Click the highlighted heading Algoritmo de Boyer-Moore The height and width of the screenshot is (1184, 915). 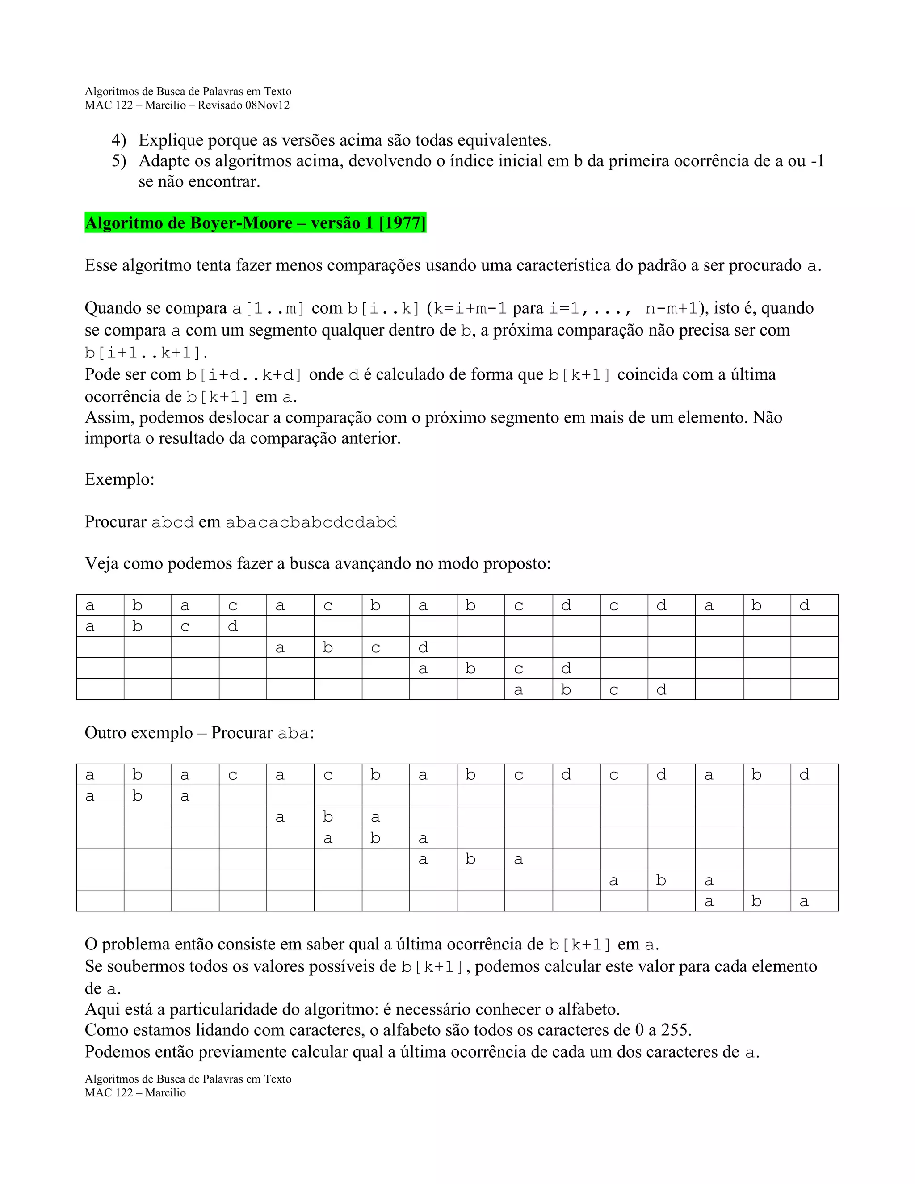coord(189,223)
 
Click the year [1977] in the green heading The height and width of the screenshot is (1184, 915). coord(402,223)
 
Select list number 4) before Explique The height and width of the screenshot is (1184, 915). coord(119,140)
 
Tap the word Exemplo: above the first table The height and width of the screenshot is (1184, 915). coord(119,479)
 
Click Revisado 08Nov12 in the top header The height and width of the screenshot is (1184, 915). coord(243,105)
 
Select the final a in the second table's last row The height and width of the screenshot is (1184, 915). coord(804,902)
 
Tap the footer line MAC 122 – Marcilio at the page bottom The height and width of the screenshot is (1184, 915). coord(135,1093)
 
